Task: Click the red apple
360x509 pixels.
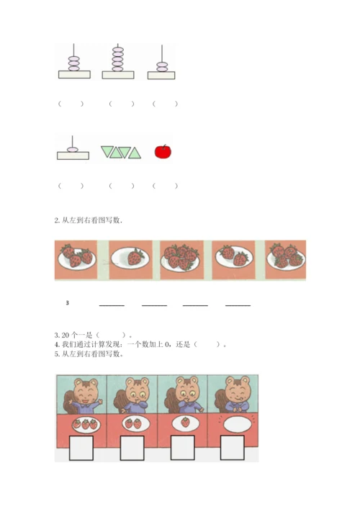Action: pyautogui.click(x=163, y=152)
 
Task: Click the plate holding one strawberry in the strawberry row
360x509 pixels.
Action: pyautogui.click(x=130, y=258)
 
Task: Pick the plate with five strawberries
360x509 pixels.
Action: pyautogui.click(x=181, y=259)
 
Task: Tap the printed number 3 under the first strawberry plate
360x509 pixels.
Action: pyautogui.click(x=68, y=303)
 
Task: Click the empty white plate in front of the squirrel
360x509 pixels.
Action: pyautogui.click(x=238, y=424)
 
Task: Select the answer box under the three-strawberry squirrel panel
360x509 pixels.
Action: pyautogui.click(x=81, y=448)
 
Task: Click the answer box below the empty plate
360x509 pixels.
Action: pyautogui.click(x=232, y=448)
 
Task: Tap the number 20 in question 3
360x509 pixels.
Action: pyautogui.click(x=66, y=335)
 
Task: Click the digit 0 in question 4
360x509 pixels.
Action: pyautogui.click(x=167, y=344)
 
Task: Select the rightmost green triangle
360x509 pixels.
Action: pyautogui.click(x=135, y=153)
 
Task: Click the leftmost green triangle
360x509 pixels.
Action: pyautogui.click(x=107, y=151)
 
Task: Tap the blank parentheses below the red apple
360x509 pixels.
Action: pyautogui.click(x=165, y=186)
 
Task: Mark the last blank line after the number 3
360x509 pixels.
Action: pyautogui.click(x=238, y=305)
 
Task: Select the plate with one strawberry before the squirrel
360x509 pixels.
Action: pyautogui.click(x=185, y=423)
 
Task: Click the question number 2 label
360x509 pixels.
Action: pyautogui.click(x=57, y=220)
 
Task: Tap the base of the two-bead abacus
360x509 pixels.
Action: pyautogui.click(x=161, y=76)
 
